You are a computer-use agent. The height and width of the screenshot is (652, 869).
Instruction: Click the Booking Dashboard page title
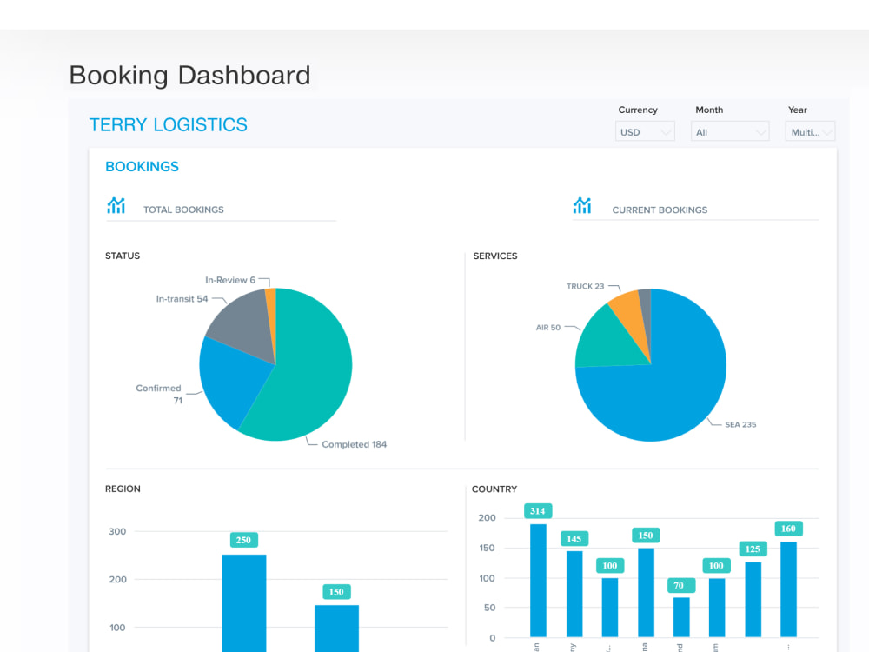point(189,75)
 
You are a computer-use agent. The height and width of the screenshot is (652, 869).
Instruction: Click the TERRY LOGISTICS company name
point(168,125)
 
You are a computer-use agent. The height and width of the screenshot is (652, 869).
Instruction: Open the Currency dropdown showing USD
point(645,132)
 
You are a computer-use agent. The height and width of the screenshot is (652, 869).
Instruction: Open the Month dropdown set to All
point(730,132)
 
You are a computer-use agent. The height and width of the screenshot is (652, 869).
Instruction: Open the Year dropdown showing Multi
point(809,132)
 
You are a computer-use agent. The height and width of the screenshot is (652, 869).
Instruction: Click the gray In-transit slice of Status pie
point(239,321)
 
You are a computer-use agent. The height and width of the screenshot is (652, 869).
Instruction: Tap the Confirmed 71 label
point(159,394)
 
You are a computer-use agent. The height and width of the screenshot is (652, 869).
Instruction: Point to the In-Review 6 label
point(230,280)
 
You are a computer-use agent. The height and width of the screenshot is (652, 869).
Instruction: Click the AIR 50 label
point(548,328)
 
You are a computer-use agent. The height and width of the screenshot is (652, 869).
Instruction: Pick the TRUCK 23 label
point(585,286)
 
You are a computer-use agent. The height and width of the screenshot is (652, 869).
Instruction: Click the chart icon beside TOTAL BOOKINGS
point(116,206)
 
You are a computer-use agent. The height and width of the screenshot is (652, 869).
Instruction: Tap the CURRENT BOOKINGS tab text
point(660,210)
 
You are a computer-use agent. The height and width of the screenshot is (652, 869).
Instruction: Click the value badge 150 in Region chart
point(336,592)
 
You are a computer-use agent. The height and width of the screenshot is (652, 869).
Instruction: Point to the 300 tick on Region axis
point(116,531)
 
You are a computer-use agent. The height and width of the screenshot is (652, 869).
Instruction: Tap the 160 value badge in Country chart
point(788,529)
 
